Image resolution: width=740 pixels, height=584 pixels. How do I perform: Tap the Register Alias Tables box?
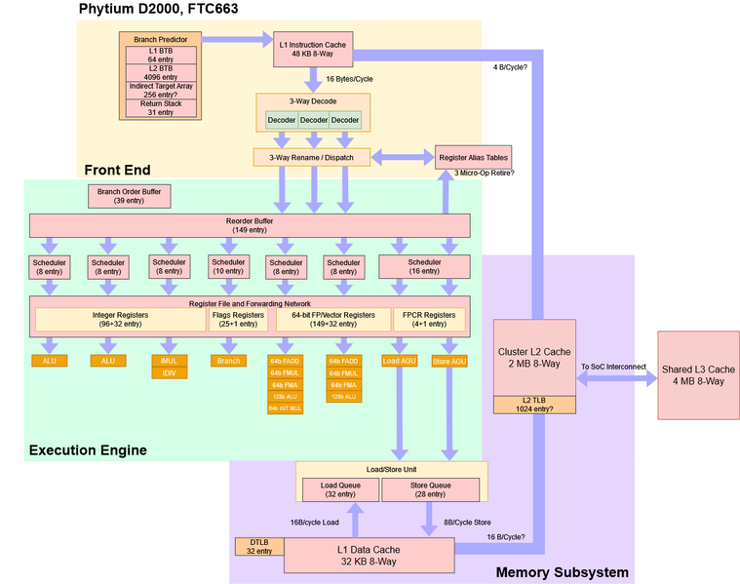(472, 157)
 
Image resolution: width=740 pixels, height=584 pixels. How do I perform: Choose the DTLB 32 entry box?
(258, 546)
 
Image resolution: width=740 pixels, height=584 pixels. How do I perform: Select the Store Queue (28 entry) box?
(430, 488)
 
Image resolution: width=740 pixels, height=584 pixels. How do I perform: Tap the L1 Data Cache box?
(369, 555)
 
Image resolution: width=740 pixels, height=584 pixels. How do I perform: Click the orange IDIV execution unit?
(169, 373)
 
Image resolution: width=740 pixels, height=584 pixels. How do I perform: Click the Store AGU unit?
(448, 361)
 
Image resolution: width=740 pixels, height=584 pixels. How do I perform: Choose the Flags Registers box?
(234, 319)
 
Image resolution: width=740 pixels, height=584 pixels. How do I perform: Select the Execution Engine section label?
(88, 449)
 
